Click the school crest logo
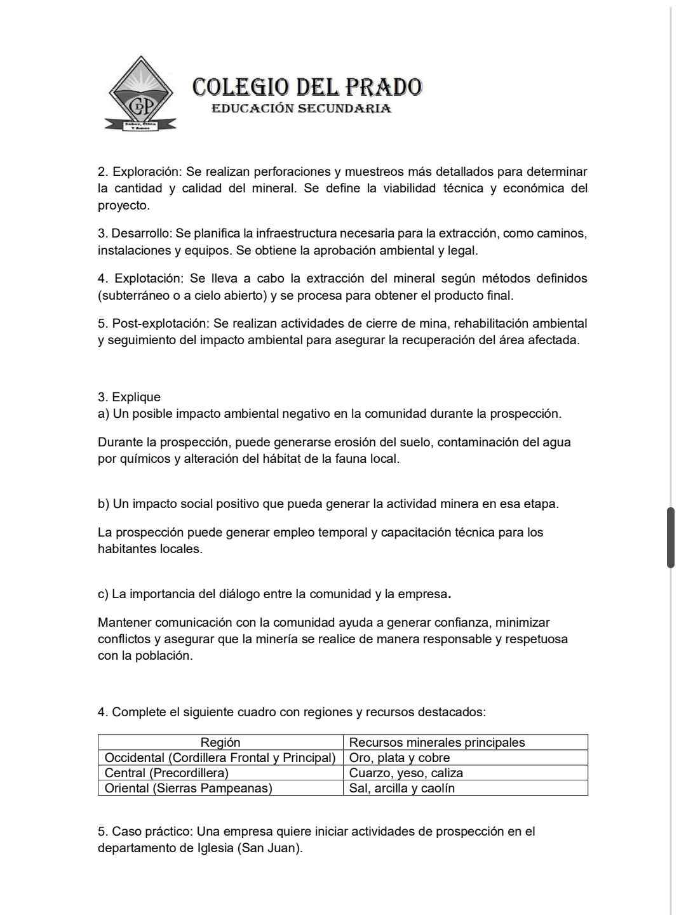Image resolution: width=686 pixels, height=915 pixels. tap(140, 94)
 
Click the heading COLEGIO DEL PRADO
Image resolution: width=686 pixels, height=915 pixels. tap(307, 87)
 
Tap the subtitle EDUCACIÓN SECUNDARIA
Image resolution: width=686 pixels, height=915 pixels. tap(301, 109)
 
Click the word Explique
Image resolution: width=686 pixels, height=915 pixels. tap(136, 397)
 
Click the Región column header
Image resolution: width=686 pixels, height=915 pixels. tap(220, 742)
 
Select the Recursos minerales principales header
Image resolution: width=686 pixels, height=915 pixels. tap(437, 742)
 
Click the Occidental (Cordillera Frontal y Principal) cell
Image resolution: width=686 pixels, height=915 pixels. tap(220, 758)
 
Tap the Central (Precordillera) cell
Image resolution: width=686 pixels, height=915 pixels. tap(166, 773)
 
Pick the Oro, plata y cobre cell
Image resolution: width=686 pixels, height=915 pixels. tap(400, 758)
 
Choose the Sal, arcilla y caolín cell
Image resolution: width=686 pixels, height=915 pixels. tap(402, 788)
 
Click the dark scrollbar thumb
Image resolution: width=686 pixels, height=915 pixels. tap(671, 537)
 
